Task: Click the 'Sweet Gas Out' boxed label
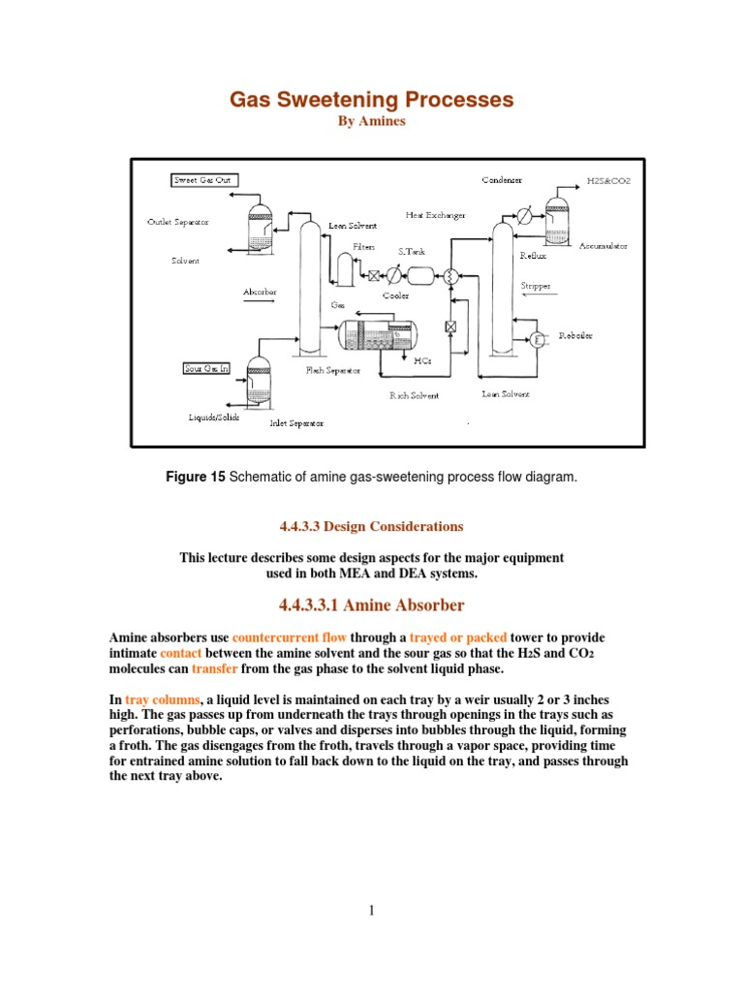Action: (204, 180)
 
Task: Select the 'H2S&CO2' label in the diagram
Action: (608, 180)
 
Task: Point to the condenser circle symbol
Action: (524, 213)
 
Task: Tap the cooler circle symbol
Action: (394, 274)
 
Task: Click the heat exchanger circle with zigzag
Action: (450, 274)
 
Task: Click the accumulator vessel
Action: (558, 218)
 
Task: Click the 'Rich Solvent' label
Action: (415, 395)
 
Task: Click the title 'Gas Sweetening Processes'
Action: (371, 100)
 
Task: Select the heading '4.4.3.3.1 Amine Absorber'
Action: (371, 605)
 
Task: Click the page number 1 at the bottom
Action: (371, 910)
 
